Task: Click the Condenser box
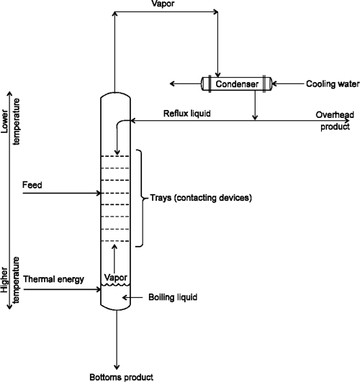(x=236, y=85)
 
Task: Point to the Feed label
(x=32, y=185)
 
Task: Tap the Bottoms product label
(x=120, y=376)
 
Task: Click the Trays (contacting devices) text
(x=200, y=197)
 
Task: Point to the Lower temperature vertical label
(x=9, y=115)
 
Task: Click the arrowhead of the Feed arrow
(x=98, y=193)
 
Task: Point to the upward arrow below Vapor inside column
(x=115, y=256)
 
